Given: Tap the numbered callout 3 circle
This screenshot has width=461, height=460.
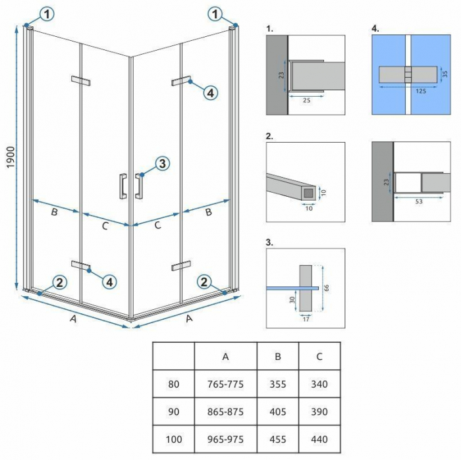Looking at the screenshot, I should click(163, 164).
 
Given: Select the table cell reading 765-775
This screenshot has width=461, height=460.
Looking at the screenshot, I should click(225, 385).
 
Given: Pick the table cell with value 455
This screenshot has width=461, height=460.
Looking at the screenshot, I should click(277, 439).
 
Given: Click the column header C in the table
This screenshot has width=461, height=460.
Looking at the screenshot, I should click(319, 357).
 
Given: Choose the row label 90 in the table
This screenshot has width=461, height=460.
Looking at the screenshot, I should click(173, 412).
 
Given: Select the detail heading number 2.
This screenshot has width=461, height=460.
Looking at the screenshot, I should click(269, 136).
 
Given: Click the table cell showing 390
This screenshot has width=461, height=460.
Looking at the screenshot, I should click(319, 412).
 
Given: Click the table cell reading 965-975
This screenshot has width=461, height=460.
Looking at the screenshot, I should click(225, 439).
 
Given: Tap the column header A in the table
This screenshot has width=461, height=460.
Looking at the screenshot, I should click(225, 357).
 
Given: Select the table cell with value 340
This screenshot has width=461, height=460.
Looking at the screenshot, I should click(319, 385).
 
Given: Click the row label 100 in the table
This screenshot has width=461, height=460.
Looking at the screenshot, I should click(173, 439).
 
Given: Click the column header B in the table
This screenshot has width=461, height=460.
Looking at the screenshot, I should click(277, 357).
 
